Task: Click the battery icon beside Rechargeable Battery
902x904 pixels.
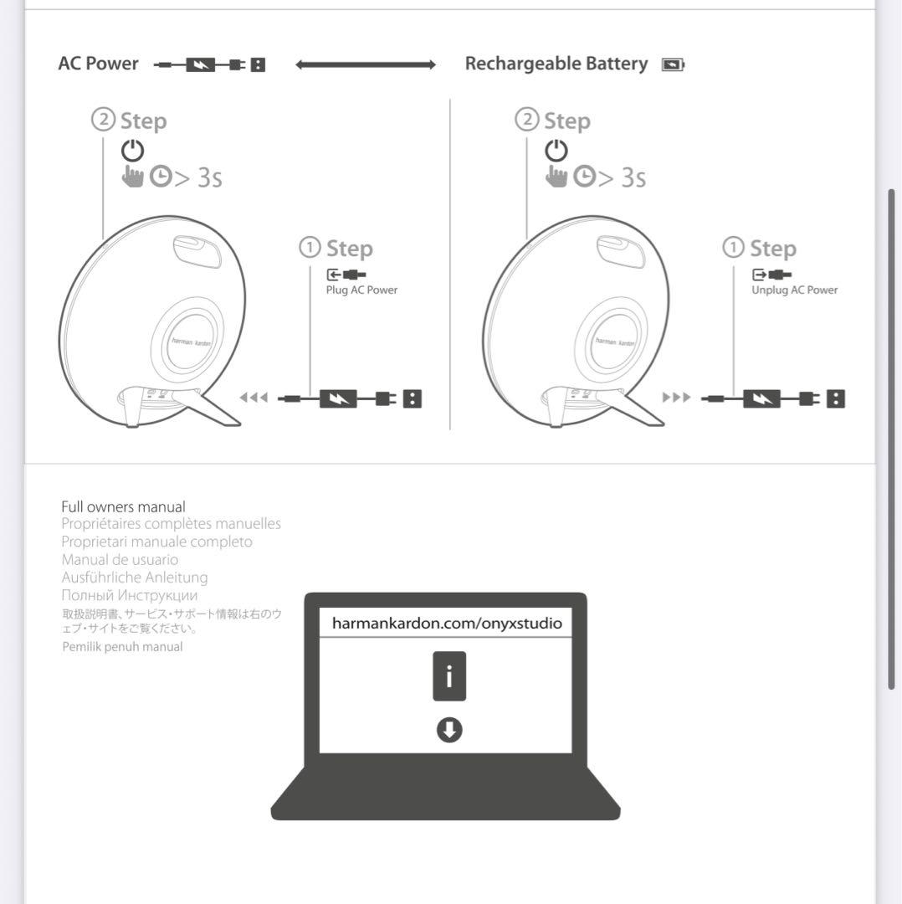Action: [672, 64]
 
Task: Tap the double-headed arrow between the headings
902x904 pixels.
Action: [366, 64]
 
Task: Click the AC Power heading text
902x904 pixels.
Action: [99, 64]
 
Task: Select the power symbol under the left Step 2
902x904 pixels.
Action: [132, 151]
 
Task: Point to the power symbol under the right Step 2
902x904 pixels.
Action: [556, 151]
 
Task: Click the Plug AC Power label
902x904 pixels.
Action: [361, 290]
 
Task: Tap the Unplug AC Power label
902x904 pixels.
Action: [794, 290]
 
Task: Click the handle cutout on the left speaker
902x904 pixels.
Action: [197, 250]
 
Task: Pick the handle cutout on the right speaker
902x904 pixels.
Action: [620, 250]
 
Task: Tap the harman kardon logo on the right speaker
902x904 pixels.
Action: [615, 342]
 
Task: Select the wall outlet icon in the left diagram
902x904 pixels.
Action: [413, 398]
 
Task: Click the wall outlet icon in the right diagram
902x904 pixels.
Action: [835, 398]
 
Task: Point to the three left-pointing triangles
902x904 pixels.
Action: [254, 398]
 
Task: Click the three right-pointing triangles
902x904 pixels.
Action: [676, 398]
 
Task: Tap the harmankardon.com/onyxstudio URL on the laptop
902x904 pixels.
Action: [447, 624]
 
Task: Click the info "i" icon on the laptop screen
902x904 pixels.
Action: [449, 676]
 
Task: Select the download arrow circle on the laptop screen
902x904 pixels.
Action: [449, 730]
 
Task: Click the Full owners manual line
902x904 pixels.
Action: [123, 506]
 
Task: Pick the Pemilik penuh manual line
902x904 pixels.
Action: [122, 647]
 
